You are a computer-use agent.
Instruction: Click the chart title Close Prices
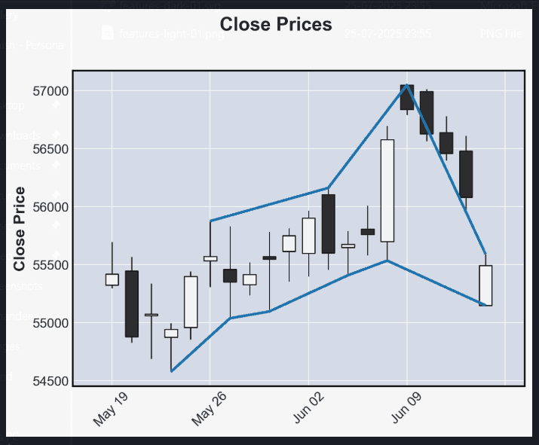(276, 25)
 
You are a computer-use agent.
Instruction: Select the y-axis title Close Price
(20, 229)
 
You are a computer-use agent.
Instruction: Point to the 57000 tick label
(48, 92)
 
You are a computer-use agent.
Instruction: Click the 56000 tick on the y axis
(48, 208)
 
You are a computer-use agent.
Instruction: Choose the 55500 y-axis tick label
(48, 266)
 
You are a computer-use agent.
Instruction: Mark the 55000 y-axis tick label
(48, 324)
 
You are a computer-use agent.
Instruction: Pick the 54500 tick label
(48, 381)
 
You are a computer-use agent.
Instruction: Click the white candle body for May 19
(112, 279)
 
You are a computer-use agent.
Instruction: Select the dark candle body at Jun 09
(407, 98)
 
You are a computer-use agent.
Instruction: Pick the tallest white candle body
(387, 190)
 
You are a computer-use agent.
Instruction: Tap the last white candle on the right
(485, 285)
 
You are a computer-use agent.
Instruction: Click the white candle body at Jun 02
(308, 236)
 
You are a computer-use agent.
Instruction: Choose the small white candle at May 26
(210, 258)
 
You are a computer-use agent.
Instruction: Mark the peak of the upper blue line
(407, 85)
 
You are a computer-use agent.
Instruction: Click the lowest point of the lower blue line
(171, 370)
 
